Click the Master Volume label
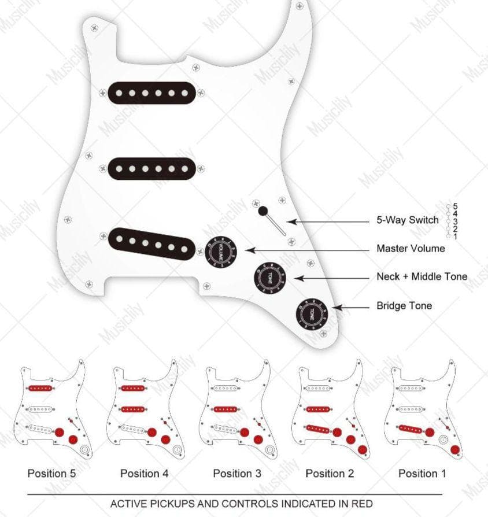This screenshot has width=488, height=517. pyautogui.click(x=411, y=249)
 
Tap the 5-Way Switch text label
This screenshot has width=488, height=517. pyautogui.click(x=407, y=220)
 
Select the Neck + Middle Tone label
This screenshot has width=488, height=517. pyautogui.click(x=422, y=277)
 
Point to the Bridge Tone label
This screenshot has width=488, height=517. pyautogui.click(x=404, y=305)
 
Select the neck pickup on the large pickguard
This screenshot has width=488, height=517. pyautogui.click(x=150, y=93)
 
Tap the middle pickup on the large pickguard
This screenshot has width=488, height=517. pyautogui.click(x=150, y=168)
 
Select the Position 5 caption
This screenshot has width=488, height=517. pyautogui.click(x=51, y=474)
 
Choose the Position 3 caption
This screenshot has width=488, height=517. pyautogui.click(x=237, y=474)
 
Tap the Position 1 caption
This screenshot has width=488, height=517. pyautogui.click(x=422, y=474)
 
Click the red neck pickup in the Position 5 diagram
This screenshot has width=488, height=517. pyautogui.click(x=40, y=388)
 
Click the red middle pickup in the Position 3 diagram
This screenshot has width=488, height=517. pyautogui.click(x=226, y=409)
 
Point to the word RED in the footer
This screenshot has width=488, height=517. pyautogui.click(x=362, y=504)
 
